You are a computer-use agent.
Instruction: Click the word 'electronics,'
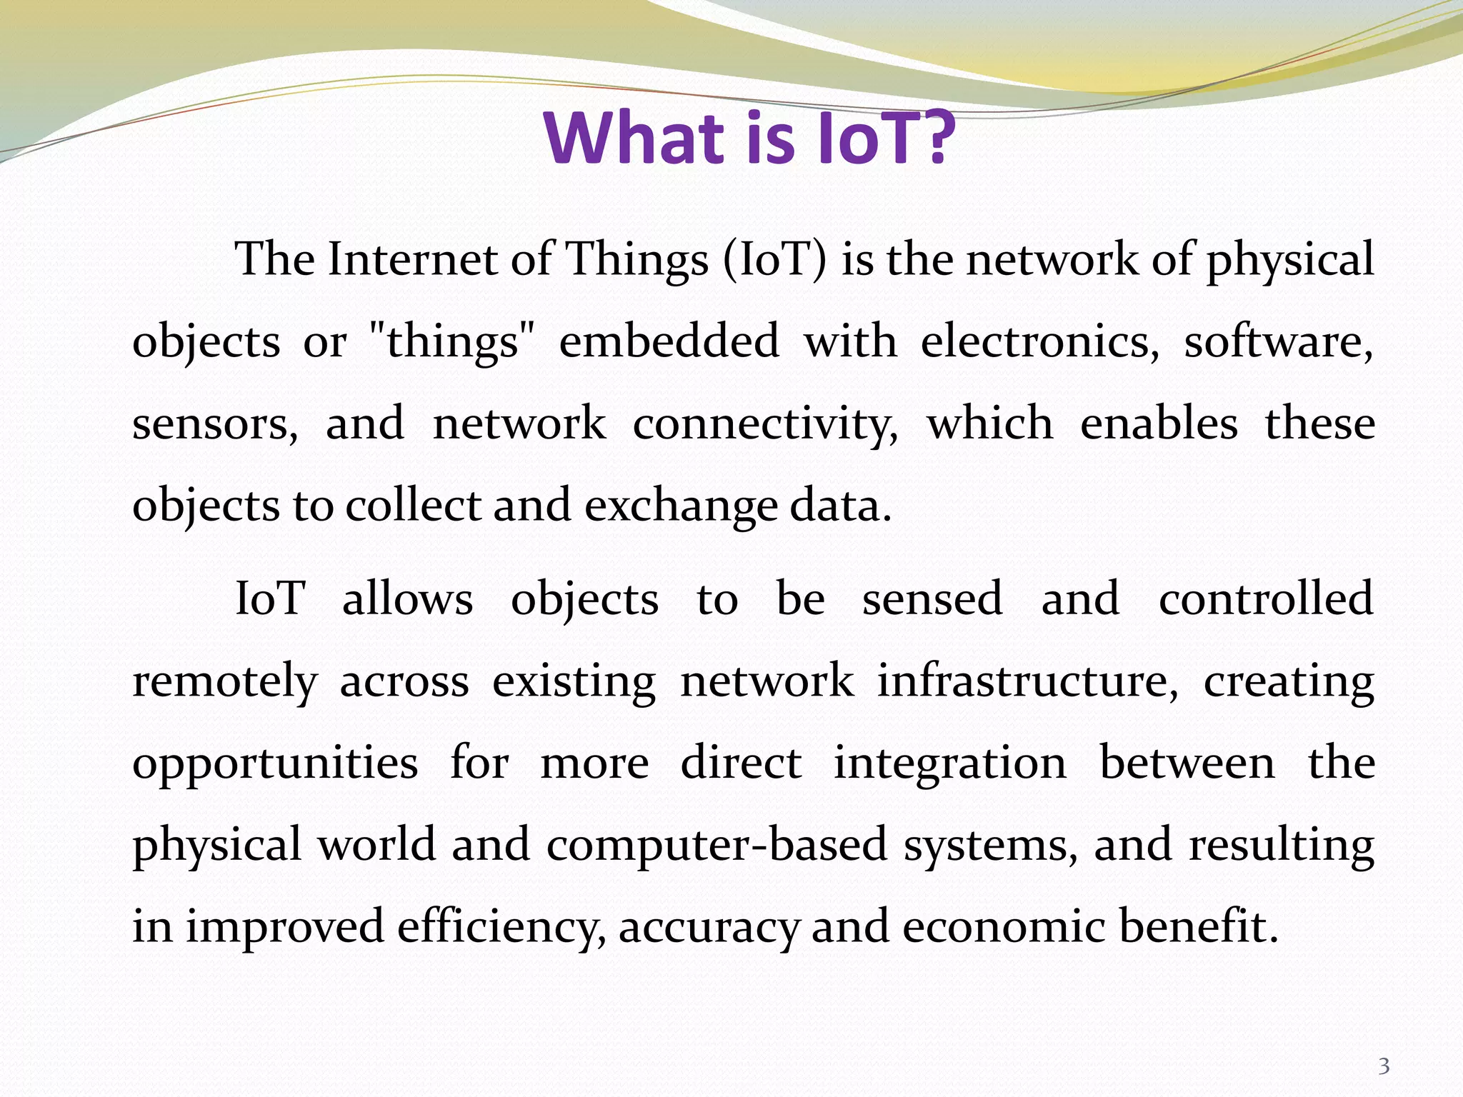coord(1040,341)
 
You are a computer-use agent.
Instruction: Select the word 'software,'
coord(1279,341)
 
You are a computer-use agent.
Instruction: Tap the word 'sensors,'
coord(215,424)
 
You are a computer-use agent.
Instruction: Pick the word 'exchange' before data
coord(681,506)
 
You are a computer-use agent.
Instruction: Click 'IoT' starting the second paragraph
coord(270,598)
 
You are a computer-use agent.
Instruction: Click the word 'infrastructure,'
coord(1028,681)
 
